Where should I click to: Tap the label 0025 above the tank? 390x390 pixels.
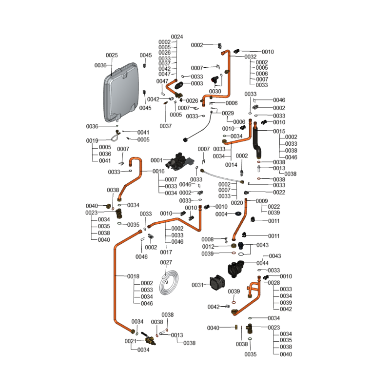point(112,56)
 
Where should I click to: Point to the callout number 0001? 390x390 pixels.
point(156,160)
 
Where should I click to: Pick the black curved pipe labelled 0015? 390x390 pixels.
point(257,141)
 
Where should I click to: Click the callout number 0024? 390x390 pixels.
point(177,37)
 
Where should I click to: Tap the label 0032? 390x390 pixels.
point(251,57)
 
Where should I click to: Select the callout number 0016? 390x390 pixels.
point(158,172)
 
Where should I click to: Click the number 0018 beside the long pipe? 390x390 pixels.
point(134,276)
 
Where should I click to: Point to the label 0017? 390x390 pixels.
point(166,252)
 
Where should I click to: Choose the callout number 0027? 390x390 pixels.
point(166,262)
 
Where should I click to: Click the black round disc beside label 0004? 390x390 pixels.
point(238,214)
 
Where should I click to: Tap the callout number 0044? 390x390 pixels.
point(263,263)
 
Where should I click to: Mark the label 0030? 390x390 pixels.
point(215,91)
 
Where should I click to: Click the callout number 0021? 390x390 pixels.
point(131,341)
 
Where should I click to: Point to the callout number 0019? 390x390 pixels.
point(93,141)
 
